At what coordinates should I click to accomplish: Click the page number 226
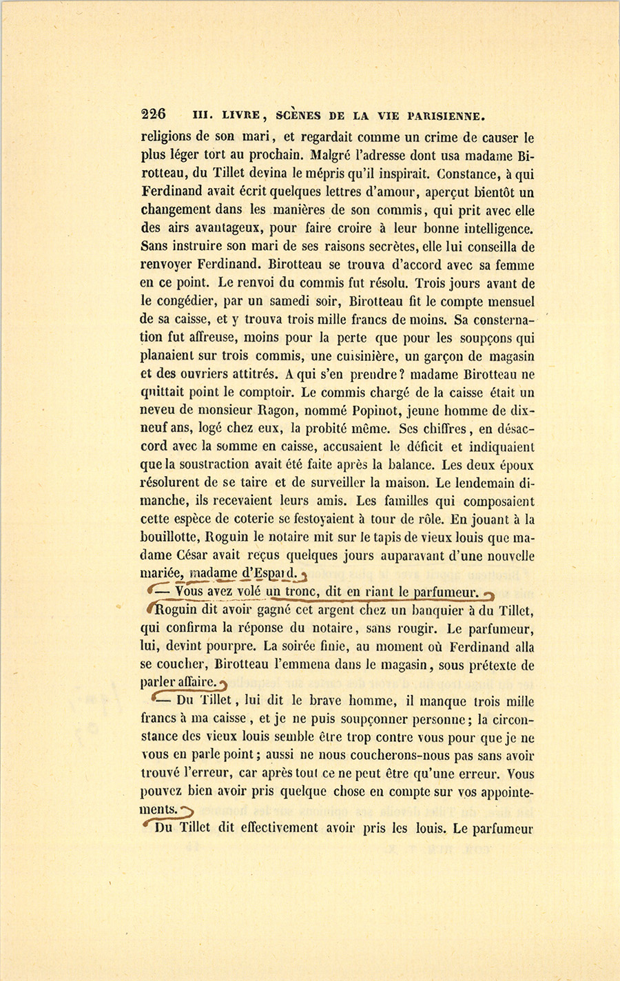click(x=153, y=114)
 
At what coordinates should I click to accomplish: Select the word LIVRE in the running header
click(x=236, y=115)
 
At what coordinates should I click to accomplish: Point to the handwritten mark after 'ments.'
click(x=187, y=810)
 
